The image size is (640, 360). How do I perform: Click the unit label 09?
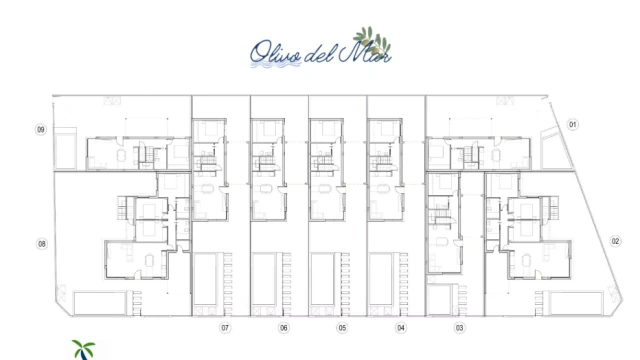tap(41, 130)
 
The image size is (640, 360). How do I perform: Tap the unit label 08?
tap(42, 244)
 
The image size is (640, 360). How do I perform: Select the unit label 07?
tap(225, 328)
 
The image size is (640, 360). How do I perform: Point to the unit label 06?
tap(284, 328)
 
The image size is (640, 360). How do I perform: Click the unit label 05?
tap(342, 328)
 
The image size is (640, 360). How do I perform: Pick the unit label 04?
tap(401, 328)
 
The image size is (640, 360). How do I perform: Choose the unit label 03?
tap(460, 328)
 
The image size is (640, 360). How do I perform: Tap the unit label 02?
tap(616, 241)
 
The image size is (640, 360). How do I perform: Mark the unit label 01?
tap(573, 124)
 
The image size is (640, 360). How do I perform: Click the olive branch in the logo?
tap(372, 40)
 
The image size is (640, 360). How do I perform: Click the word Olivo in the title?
tap(276, 53)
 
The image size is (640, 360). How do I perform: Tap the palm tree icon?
tap(83, 350)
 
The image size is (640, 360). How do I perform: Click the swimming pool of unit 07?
tap(205, 279)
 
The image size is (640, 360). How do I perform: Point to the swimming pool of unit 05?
tap(322, 279)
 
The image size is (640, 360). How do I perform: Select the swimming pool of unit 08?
tap(100, 303)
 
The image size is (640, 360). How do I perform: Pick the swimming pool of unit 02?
tap(576, 303)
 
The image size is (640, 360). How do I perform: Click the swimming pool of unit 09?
tap(65, 149)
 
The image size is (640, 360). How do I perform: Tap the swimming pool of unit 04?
tap(381, 279)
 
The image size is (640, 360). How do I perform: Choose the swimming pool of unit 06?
tap(264, 279)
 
